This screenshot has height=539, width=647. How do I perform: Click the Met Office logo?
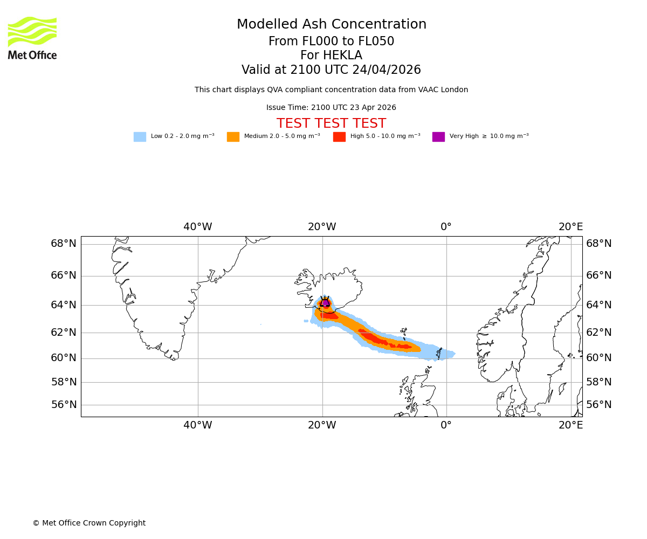pos(32,38)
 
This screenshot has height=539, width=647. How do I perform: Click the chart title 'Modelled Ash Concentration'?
pos(331,25)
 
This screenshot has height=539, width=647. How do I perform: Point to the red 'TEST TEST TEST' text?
pos(331,124)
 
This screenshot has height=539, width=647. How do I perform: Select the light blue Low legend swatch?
pos(140,137)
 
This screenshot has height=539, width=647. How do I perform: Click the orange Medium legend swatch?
pos(233,137)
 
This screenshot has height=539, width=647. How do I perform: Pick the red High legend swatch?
pos(339,137)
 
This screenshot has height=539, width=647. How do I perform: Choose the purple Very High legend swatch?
pos(438,137)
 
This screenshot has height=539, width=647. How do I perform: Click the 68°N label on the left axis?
pos(64,244)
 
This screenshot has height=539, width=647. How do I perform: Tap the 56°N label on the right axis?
pos(599,405)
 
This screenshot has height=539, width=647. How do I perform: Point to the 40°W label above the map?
pos(197,227)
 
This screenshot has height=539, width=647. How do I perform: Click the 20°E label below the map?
pos(570,425)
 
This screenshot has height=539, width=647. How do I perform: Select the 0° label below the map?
pos(446,425)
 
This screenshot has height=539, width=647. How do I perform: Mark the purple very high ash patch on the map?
pos(326,303)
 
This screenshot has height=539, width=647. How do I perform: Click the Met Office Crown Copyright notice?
pos(89,523)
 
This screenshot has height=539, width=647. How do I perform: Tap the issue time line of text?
pos(331,108)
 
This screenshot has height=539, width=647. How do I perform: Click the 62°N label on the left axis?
pos(64,333)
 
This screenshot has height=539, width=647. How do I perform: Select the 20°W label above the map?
pos(322,227)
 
